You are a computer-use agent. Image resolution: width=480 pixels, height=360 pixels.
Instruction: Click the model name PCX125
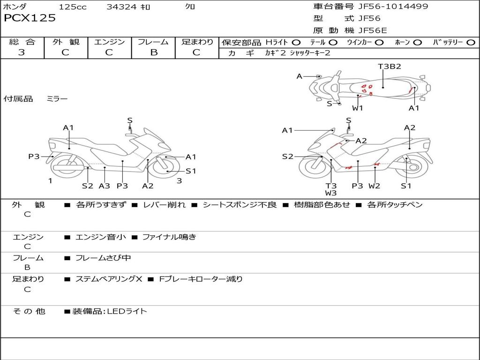[x=30, y=18]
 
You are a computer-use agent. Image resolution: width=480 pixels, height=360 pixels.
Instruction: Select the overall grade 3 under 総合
[x=22, y=52]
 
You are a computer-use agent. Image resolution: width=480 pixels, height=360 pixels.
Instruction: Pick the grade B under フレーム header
[x=154, y=52]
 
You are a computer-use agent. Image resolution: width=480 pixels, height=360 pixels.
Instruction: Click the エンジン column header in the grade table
[x=109, y=42]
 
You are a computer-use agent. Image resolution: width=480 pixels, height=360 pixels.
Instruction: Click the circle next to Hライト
[x=296, y=43]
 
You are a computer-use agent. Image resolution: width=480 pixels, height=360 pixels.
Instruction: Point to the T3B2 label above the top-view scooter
[x=390, y=66]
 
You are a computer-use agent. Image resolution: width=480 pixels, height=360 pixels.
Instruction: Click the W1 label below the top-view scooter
[x=358, y=108]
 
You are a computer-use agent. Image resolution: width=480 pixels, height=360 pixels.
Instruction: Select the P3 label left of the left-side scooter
[x=34, y=157]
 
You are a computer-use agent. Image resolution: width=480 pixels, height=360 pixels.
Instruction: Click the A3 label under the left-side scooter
[x=104, y=186]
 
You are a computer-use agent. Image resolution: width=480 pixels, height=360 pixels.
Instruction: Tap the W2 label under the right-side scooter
[x=374, y=186]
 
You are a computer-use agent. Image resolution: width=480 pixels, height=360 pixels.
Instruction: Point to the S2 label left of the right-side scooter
[x=287, y=157]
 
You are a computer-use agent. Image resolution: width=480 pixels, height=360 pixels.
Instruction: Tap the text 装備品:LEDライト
[x=109, y=311]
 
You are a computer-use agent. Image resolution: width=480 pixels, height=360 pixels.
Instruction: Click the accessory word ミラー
[x=57, y=99]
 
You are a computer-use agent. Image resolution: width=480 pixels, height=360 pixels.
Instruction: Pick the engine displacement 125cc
[x=72, y=7]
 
